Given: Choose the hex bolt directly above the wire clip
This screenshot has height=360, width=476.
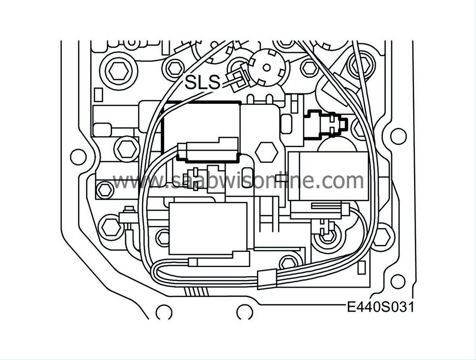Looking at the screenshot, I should (x=288, y=261).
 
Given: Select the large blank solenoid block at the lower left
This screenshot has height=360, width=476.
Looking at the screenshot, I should (x=208, y=228).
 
